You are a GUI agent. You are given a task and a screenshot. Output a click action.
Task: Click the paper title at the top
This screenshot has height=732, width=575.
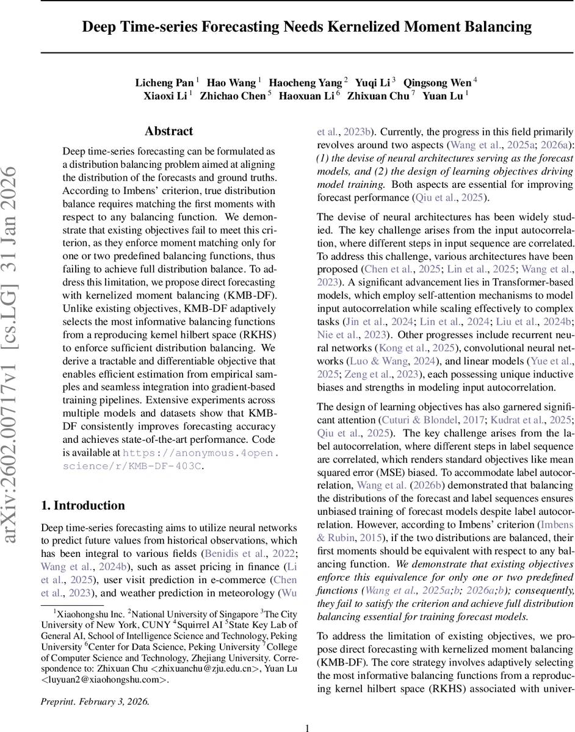307,27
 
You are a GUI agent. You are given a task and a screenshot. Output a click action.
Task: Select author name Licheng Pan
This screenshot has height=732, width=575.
164,82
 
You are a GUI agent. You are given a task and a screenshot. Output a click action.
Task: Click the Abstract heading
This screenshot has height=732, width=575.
168,131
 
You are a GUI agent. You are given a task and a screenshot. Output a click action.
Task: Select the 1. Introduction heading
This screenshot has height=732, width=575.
82,505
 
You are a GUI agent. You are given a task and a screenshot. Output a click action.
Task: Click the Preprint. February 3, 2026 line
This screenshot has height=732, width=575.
95,701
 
